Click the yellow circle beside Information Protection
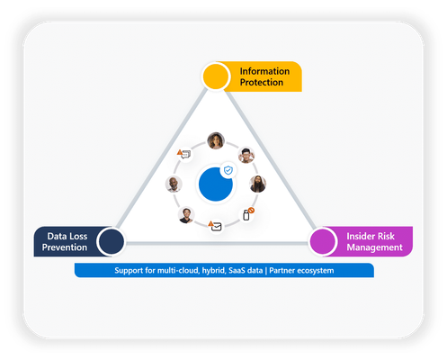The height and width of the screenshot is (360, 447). (x=215, y=76)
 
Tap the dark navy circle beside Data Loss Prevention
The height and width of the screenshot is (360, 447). (x=112, y=241)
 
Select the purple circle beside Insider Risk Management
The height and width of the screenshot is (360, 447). (x=323, y=241)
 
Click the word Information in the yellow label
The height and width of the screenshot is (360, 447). (x=264, y=71)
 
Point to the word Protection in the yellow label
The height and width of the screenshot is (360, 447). (x=262, y=82)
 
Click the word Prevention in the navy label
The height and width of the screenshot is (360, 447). (x=65, y=247)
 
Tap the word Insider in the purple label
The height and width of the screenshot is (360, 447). (x=360, y=236)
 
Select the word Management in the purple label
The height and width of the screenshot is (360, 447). (x=374, y=247)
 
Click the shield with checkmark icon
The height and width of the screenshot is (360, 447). (x=228, y=170)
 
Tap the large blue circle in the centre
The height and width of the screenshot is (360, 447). (x=216, y=184)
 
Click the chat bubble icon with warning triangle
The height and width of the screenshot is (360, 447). (x=184, y=154)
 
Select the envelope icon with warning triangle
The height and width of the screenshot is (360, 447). (x=216, y=226)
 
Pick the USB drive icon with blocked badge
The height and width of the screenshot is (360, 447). (x=247, y=214)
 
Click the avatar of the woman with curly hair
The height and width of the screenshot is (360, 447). (x=216, y=140)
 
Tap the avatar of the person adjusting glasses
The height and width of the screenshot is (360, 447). (x=246, y=155)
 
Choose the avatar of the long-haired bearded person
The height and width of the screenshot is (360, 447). (x=258, y=184)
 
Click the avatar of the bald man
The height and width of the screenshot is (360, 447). (x=174, y=184)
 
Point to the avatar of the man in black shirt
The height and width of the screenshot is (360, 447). (x=186, y=215)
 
